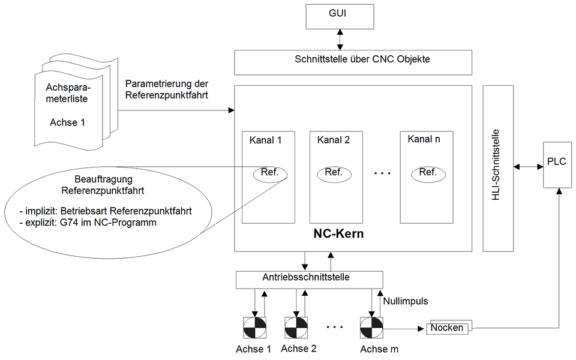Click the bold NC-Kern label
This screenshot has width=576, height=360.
tap(338, 233)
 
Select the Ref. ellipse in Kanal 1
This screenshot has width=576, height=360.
tap(270, 173)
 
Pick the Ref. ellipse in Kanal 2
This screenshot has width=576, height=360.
tap(334, 173)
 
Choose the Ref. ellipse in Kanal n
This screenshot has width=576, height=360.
tap(428, 173)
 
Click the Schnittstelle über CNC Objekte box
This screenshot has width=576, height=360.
tap(354, 59)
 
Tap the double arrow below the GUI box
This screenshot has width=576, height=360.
tap(340, 39)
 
